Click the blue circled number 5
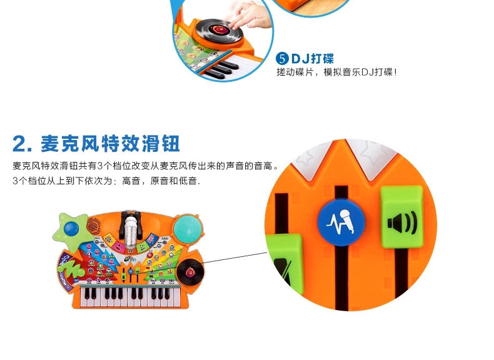coord(282,59)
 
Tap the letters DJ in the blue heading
coord(300,59)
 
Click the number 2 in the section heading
coord(20,144)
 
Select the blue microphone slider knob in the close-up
coord(341,222)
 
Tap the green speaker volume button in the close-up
coord(401,217)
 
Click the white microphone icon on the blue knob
coord(341,222)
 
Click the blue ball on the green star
coord(71,228)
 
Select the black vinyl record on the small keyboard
coord(190,272)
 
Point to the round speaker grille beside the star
coord(94,224)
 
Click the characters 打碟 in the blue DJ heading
coord(322,59)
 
